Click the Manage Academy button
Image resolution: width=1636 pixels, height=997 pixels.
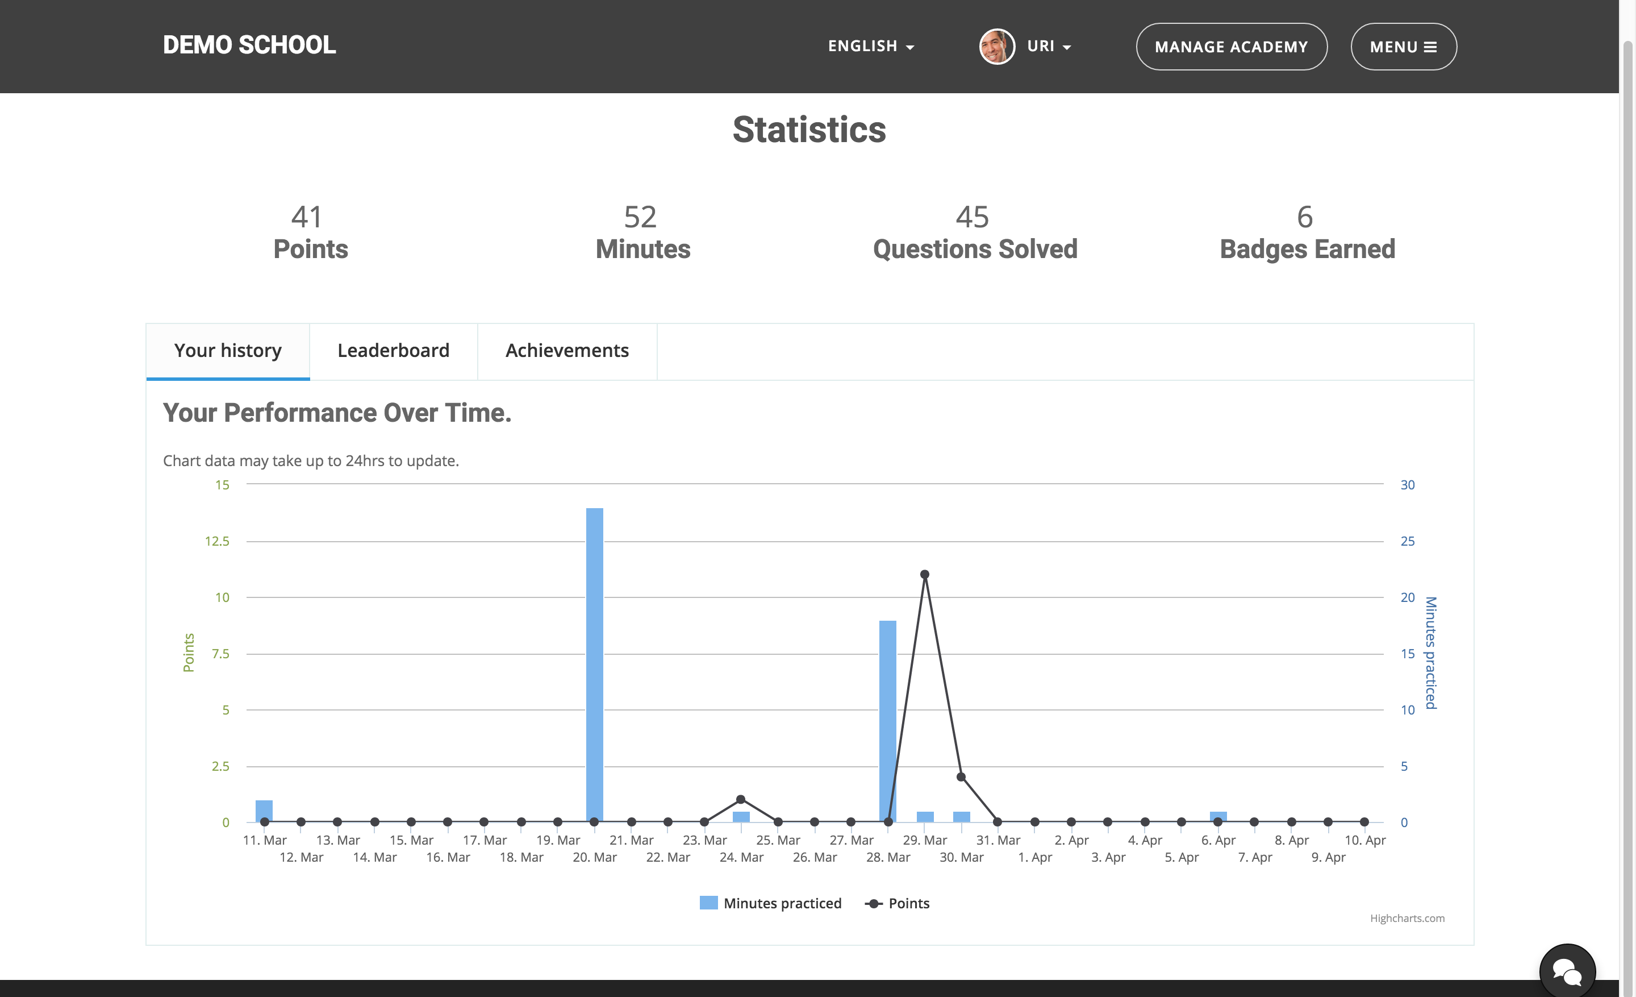1232,47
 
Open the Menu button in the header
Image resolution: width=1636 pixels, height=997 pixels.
1404,47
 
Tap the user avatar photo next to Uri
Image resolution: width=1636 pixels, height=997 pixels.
996,47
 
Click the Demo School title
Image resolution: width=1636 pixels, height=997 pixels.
249,45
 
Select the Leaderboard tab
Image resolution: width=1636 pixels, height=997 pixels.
394,351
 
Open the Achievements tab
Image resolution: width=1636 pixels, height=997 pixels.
567,351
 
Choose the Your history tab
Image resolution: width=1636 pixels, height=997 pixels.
228,351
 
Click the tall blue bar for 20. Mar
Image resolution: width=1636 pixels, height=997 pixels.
594,665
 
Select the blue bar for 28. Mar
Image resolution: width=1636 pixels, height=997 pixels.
888,721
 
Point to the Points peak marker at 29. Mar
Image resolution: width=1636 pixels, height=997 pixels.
924,575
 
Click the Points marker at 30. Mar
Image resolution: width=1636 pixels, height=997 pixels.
961,777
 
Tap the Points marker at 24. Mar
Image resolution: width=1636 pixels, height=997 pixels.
741,800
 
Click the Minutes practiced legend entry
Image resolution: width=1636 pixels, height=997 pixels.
770,903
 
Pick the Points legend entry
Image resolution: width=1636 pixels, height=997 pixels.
897,903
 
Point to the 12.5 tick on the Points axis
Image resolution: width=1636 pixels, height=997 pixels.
217,541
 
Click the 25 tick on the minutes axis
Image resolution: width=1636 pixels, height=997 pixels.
1408,541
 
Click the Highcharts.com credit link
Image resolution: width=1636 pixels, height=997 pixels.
1407,918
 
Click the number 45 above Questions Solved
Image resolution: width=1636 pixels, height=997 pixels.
972,217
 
